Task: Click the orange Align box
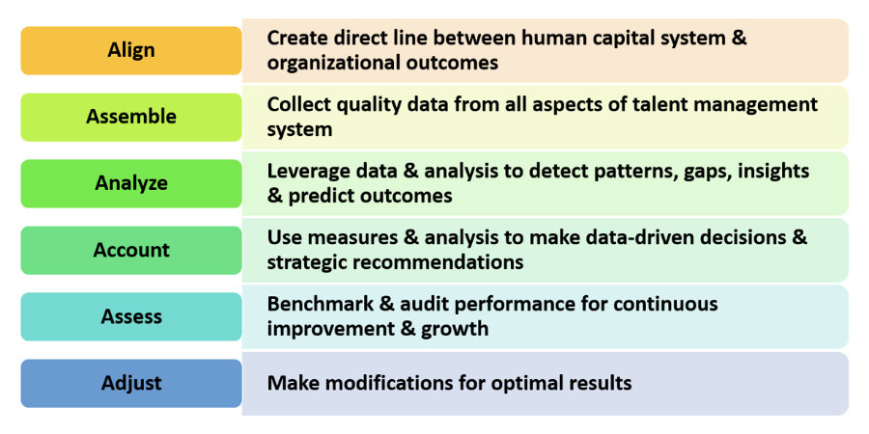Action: [x=131, y=50]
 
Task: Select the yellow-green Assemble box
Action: [x=131, y=117]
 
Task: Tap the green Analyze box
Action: [x=131, y=183]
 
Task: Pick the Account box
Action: [x=131, y=250]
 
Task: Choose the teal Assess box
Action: [x=131, y=316]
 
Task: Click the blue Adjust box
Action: [x=131, y=383]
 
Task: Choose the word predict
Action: [x=322, y=197]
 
